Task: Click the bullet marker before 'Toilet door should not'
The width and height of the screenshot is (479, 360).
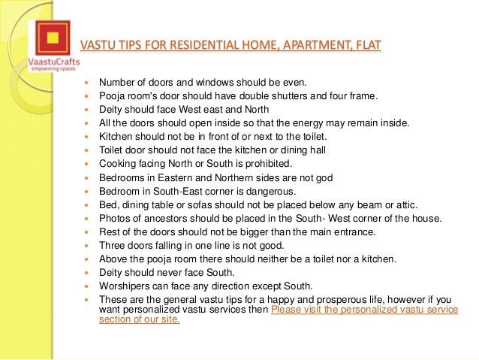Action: (89, 150)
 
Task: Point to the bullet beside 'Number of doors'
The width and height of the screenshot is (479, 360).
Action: (89, 82)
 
